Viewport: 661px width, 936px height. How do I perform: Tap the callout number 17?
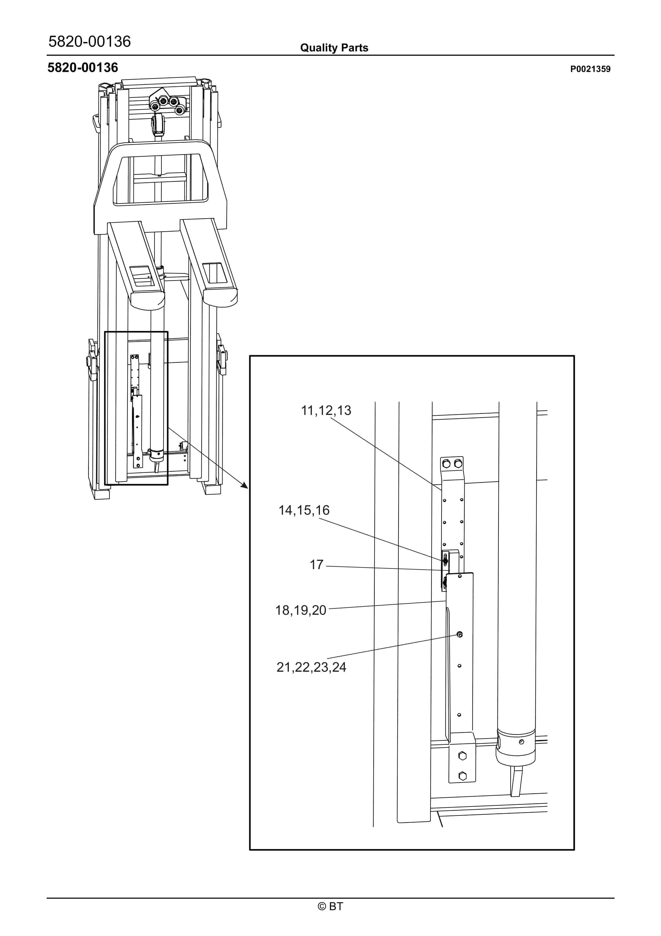(316, 565)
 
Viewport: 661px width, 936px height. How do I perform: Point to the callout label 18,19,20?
(301, 610)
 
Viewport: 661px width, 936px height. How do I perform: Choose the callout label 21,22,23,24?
(311, 667)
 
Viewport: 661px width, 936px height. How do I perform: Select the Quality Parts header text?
(334, 48)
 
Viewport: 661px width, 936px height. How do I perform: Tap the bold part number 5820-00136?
(83, 68)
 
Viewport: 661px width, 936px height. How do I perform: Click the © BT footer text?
(330, 906)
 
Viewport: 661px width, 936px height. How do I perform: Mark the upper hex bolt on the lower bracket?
(462, 756)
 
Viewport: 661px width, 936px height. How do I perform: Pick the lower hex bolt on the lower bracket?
(462, 776)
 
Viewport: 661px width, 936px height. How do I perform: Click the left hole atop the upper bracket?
(446, 464)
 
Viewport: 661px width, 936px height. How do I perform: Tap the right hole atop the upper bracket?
(458, 464)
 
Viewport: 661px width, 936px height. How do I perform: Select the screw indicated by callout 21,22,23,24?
(460, 635)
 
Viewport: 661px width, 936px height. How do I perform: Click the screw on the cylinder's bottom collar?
(521, 742)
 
